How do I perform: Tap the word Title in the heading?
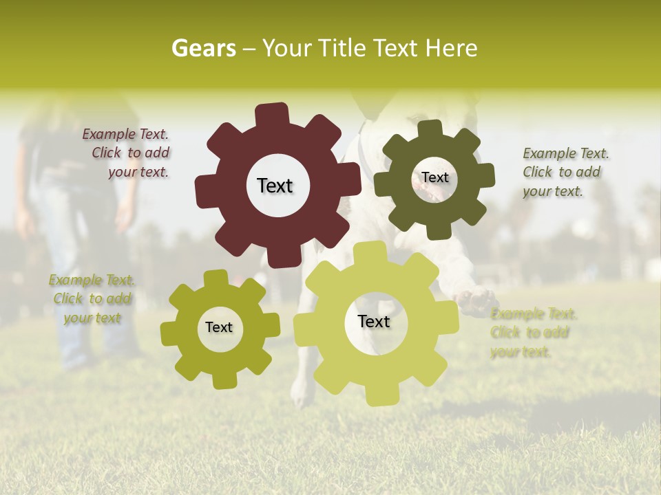pyautogui.click(x=342, y=48)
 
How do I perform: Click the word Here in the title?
pyautogui.click(x=452, y=48)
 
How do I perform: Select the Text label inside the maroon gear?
pyautogui.click(x=275, y=186)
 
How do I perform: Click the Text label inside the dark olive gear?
pyautogui.click(x=434, y=177)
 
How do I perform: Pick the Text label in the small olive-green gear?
pyautogui.click(x=219, y=327)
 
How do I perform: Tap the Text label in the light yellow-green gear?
pyautogui.click(x=374, y=321)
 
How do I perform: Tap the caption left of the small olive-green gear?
pyautogui.click(x=92, y=299)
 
